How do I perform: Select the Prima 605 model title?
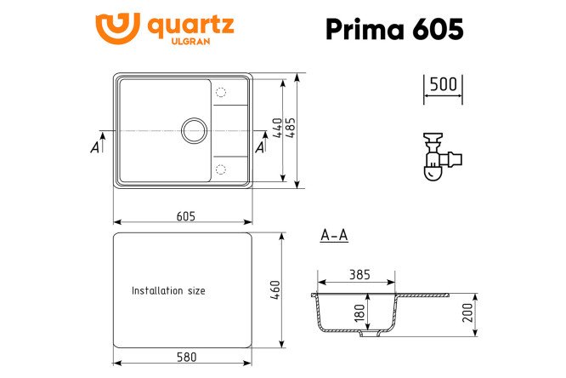pos(394,29)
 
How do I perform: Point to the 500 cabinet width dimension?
pos(442,84)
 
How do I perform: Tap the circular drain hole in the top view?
pos(194,129)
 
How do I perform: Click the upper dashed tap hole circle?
pos(221,92)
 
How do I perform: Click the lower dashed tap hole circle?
pos(221,168)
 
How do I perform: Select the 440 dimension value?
pos(275,129)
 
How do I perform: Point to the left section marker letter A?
pos(94,148)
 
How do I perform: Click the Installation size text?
pos(168,291)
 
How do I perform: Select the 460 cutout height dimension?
pos(275,290)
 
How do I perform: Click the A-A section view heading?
pos(334,236)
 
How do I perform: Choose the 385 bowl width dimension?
pos(359,274)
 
